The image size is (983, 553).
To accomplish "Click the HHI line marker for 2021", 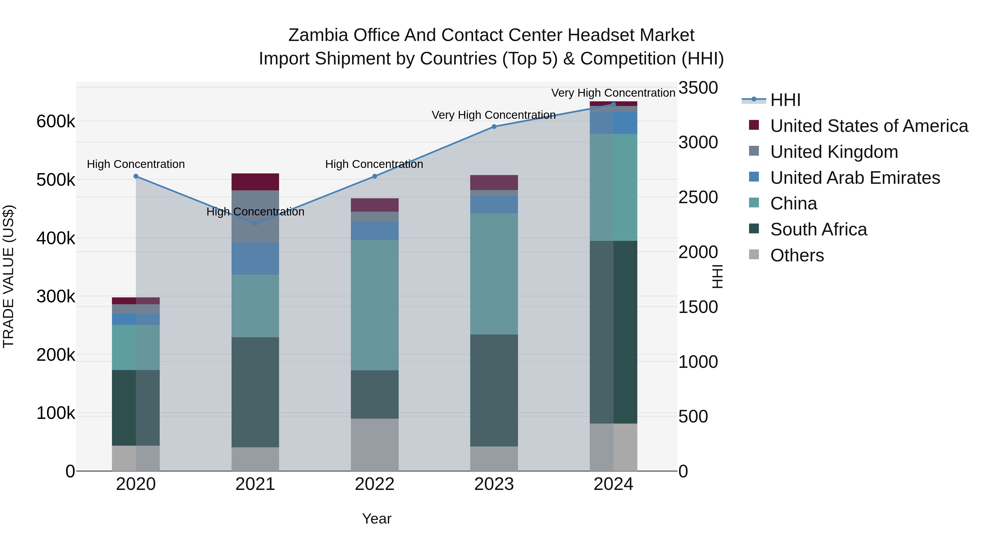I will pos(255,224).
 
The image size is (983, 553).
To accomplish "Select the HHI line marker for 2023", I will pos(494,127).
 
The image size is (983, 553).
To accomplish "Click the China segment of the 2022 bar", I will pos(374,305).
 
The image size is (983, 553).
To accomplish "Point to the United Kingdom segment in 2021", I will pos(255,216).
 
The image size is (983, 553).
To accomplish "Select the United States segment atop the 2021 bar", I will pos(255,182).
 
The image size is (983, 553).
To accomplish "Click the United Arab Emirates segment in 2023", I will pos(494,205).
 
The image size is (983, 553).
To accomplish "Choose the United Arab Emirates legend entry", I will pos(855,178).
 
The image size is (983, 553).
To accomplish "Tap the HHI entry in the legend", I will pos(785,100).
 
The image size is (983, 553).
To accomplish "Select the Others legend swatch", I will pos(754,255).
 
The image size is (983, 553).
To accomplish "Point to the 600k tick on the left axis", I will pos(56,122).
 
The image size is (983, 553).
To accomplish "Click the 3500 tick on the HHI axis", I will pos(698,88).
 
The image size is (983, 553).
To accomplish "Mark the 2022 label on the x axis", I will pos(374,484).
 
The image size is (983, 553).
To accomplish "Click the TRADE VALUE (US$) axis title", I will pos(8,276).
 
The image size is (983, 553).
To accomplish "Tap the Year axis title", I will pos(376,519).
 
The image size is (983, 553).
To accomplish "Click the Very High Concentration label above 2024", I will pos(613,93).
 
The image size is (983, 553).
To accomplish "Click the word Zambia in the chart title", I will pos(318,35).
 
